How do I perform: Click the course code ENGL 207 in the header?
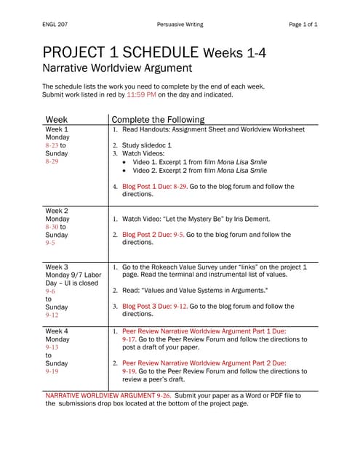(x=56, y=25)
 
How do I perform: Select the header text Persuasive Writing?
(x=180, y=25)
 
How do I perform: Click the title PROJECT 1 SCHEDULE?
(x=121, y=52)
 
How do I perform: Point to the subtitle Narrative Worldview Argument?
(x=117, y=68)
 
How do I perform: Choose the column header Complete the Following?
(x=158, y=120)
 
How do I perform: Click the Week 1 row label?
(x=57, y=129)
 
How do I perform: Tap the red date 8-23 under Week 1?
(x=52, y=145)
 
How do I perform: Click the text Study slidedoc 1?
(x=147, y=145)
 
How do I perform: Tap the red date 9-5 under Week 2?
(x=50, y=243)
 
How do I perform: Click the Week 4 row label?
(x=57, y=331)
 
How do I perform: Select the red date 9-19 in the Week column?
(x=52, y=371)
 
